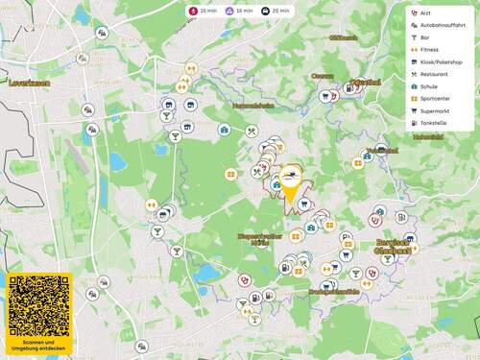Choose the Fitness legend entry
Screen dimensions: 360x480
[428, 49]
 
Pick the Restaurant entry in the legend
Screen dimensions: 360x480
[434, 74]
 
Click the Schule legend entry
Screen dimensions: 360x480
[428, 86]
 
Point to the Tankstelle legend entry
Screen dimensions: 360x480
[433, 123]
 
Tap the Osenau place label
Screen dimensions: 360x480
[322, 75]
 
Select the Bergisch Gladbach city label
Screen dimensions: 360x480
[395, 246]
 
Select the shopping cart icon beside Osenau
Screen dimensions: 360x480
[326, 96]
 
